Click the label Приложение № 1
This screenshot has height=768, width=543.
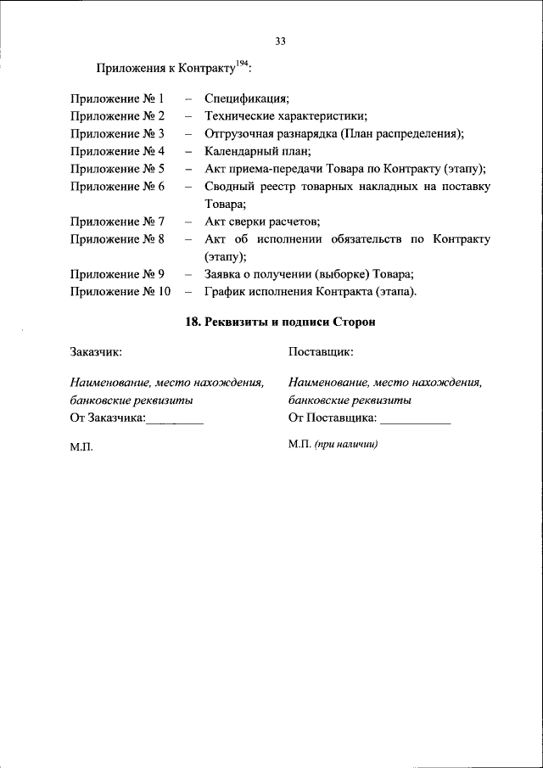(117, 99)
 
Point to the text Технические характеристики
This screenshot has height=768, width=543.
(291, 117)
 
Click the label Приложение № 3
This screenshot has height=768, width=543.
(117, 134)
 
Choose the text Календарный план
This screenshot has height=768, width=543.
(258, 152)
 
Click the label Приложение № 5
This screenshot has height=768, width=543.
(117, 169)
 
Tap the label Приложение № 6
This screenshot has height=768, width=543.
(117, 187)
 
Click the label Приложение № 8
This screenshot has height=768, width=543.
(117, 239)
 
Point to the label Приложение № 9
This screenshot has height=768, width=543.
(117, 274)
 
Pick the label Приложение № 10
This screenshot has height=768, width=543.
(120, 292)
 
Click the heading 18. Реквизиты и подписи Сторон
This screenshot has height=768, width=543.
(280, 322)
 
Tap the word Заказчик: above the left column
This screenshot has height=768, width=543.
(96, 351)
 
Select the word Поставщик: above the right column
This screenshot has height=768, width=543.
(321, 351)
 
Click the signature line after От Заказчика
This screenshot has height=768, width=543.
(175, 420)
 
